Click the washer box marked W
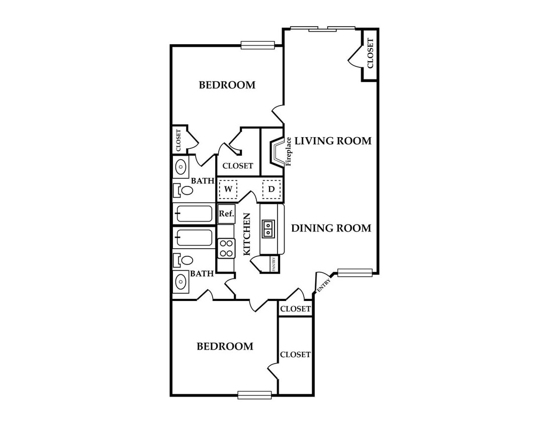coord(228,189)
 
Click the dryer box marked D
coord(271,189)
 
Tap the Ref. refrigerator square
coord(226,214)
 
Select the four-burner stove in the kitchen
coord(226,248)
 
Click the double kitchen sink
coord(268,229)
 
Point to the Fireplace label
coord(289,152)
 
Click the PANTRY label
coord(274,264)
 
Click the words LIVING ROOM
coord(333,141)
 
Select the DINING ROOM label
coord(331,229)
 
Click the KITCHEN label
coord(247,235)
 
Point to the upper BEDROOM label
coord(227,85)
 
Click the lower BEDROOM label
coord(225,346)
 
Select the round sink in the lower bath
coord(180,281)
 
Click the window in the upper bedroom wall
coord(258,45)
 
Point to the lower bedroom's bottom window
coord(254,395)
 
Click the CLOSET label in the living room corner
coord(370,53)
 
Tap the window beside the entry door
coord(354,272)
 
